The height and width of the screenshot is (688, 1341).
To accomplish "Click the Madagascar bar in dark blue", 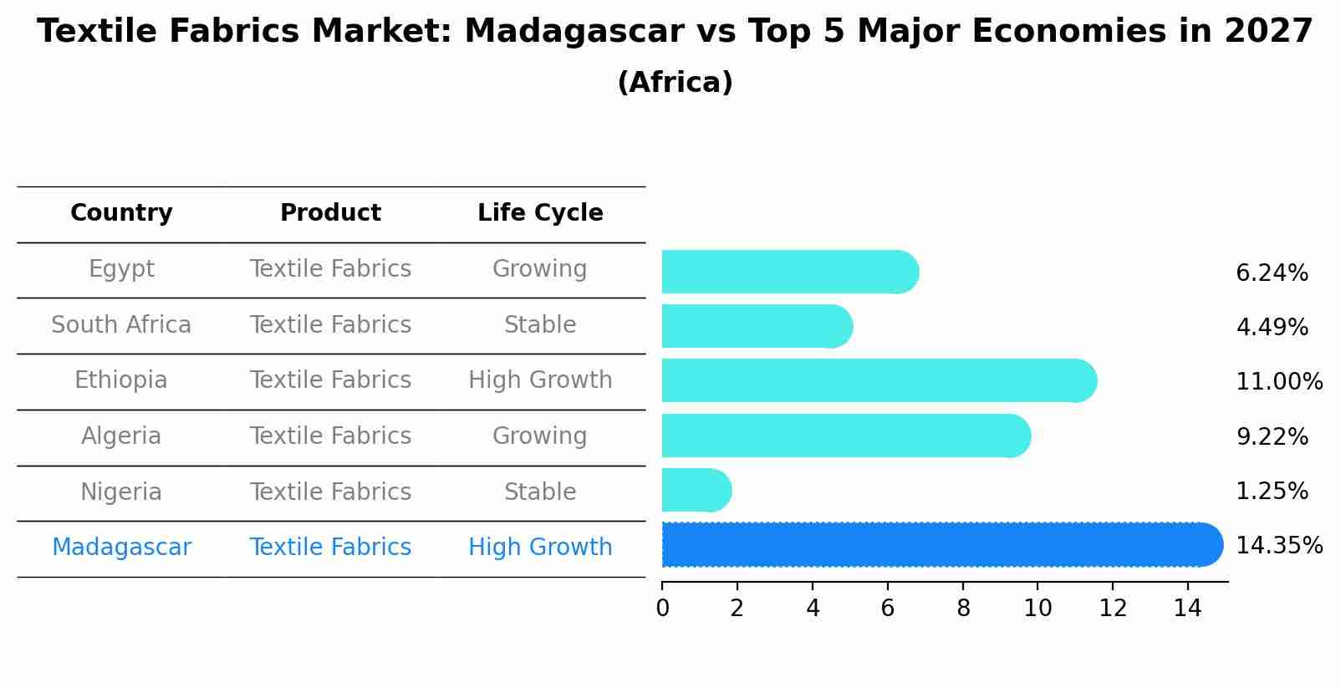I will coord(936,545).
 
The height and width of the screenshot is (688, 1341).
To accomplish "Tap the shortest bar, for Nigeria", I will coord(694,490).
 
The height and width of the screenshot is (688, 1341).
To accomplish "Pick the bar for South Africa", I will coord(752,326).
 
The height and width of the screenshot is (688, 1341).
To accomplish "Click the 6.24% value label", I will coord(1271,273).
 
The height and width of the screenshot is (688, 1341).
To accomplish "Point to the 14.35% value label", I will coord(1278,546).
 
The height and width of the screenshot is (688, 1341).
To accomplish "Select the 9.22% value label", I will coord(1271,436).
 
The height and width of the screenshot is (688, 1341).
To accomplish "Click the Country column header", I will coord(121,213).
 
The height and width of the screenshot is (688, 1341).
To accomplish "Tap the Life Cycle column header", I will coord(540,213).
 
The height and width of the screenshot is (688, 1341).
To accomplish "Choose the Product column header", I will coord(330,213).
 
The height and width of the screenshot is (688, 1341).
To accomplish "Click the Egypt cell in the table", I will coord(121,269).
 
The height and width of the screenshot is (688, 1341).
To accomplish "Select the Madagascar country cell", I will coord(121,548).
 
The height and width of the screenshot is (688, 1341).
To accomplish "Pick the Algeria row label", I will coord(121,436).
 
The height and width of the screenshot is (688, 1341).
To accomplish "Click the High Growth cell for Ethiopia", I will coord(540,380).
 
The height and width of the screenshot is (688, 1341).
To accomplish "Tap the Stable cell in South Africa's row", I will coord(540,325).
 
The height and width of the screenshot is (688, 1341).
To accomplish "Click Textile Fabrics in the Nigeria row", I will coord(330,492).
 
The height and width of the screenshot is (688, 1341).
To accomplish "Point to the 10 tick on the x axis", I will coord(1038,609).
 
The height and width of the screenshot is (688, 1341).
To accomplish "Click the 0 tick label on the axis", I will coord(662,609).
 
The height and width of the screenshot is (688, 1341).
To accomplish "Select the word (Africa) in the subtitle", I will coord(675,83).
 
